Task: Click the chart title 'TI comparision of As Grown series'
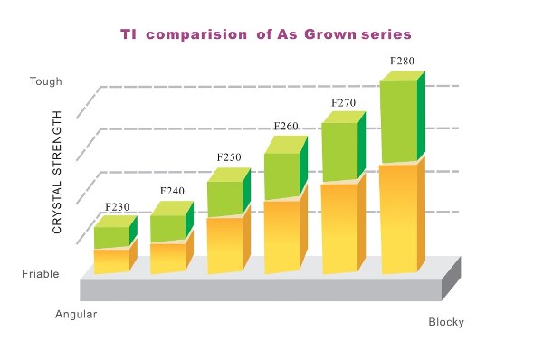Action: tap(266, 34)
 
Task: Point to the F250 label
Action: tap(229, 157)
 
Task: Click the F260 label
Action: tap(286, 127)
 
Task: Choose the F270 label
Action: tap(344, 103)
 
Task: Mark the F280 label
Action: tap(402, 62)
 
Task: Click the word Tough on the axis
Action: tap(45, 81)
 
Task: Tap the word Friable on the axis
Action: tap(41, 273)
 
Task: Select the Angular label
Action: tap(76, 314)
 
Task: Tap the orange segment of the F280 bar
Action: tap(397, 219)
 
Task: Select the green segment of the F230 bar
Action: tap(111, 237)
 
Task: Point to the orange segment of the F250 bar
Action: tap(224, 244)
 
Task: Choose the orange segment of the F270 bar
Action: tap(339, 228)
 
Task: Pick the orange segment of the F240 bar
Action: tap(167, 258)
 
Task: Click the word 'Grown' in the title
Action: tap(335, 34)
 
